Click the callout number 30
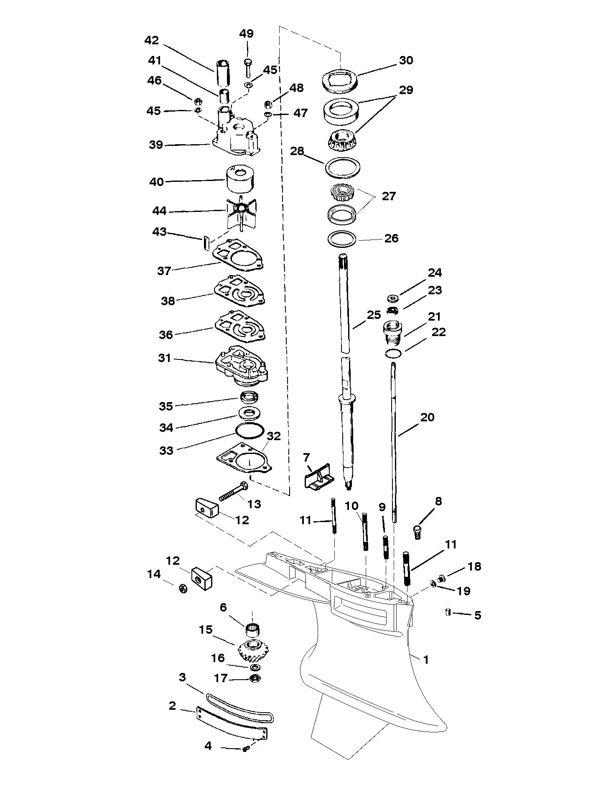[x=406, y=60]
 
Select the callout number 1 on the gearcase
[x=426, y=660]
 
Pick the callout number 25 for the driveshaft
[x=374, y=315]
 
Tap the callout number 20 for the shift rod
[x=427, y=417]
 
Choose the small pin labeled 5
[x=447, y=613]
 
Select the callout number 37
[x=164, y=271]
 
